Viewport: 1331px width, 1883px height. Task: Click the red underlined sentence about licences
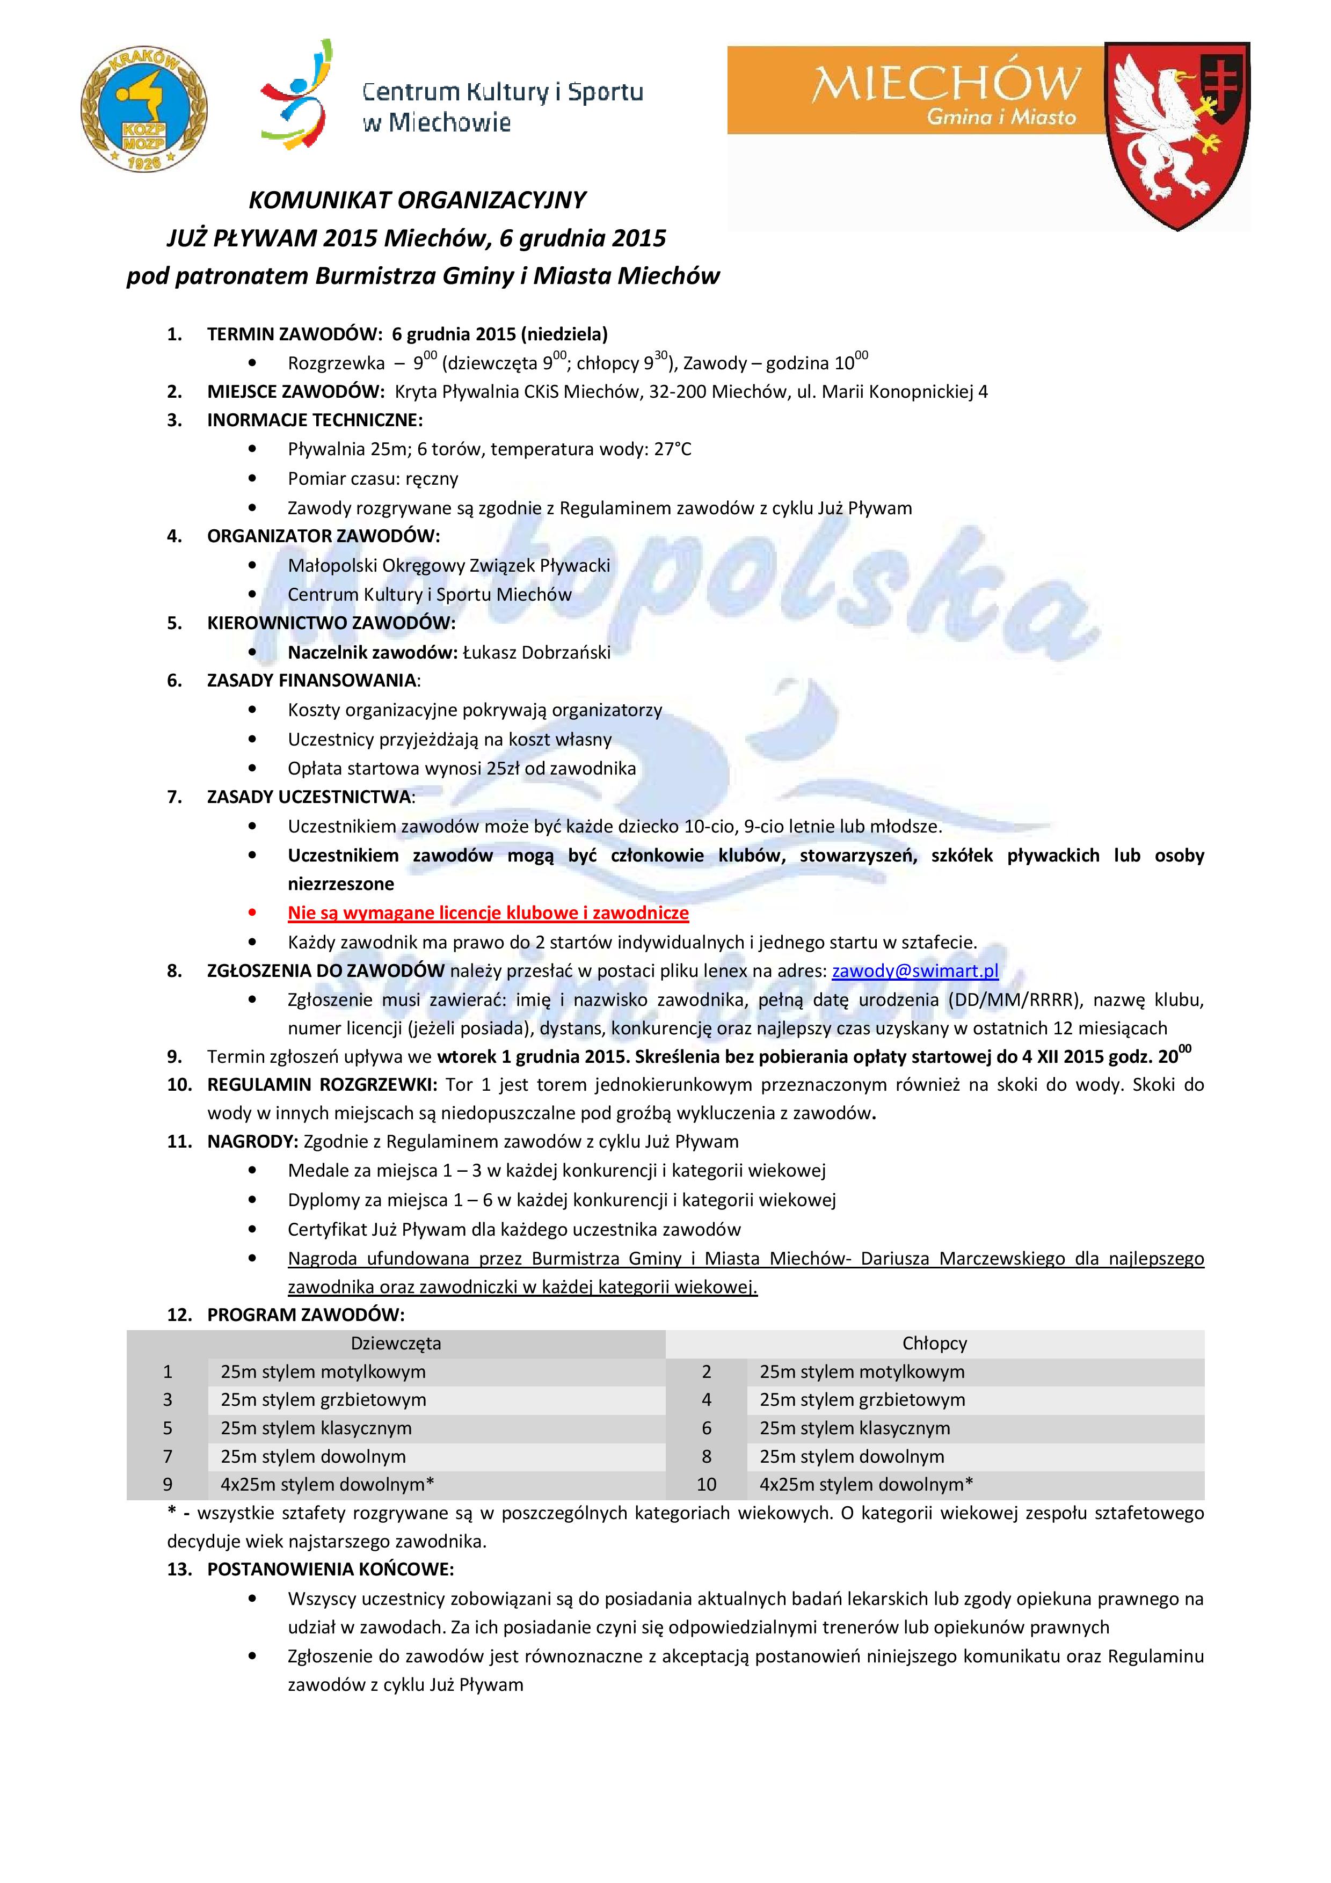coord(488,913)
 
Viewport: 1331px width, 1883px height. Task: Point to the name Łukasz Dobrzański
coord(537,652)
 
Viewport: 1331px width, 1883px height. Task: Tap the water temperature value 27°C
coord(672,449)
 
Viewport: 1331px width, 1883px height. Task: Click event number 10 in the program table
coord(706,1484)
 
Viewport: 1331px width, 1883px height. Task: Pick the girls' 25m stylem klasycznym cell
coord(316,1428)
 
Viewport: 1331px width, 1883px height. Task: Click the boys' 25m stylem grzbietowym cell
coord(862,1400)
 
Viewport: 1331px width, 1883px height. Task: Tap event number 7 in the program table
coord(168,1457)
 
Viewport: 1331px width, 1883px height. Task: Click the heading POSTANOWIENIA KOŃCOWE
coord(331,1570)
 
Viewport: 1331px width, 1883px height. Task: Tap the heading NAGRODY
coord(252,1142)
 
